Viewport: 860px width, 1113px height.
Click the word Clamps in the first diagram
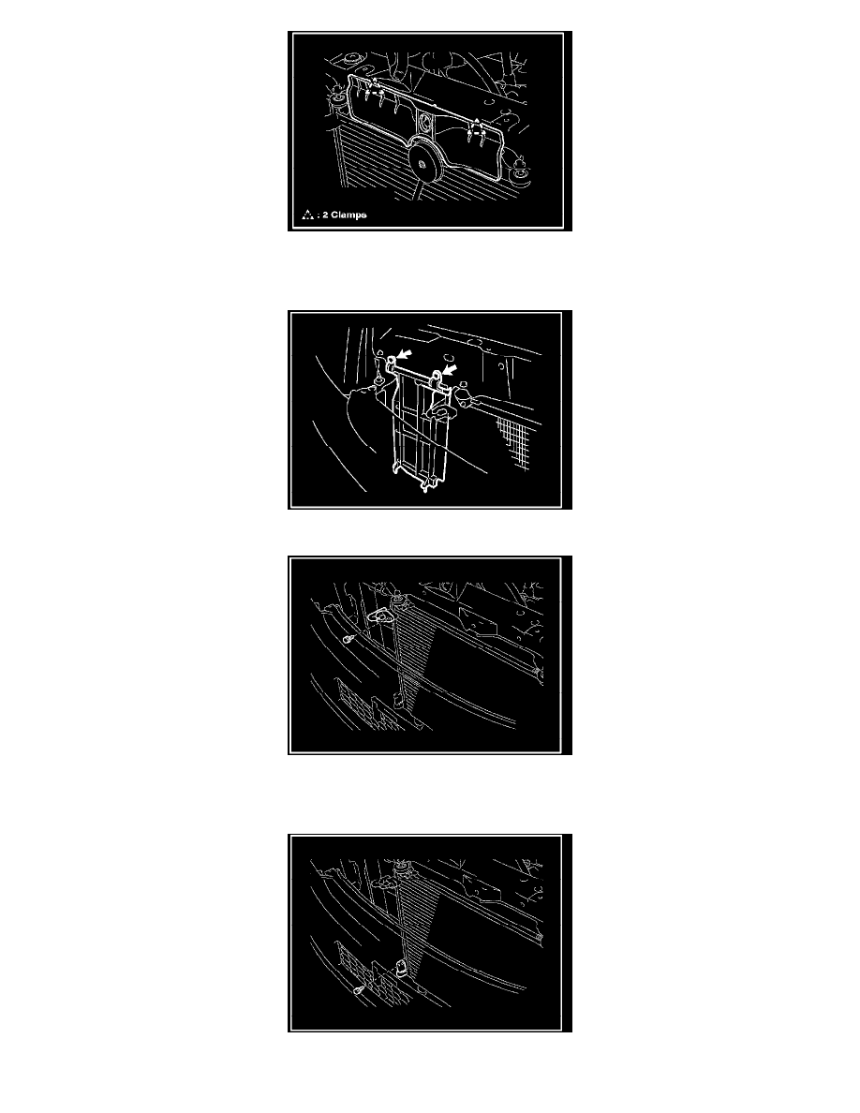click(x=348, y=215)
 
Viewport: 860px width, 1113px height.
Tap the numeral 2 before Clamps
click(x=325, y=215)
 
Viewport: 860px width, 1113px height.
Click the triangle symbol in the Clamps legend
click(x=307, y=215)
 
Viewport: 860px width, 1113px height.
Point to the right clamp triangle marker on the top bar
click(x=475, y=127)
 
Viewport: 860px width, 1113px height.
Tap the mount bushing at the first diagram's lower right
click(x=522, y=172)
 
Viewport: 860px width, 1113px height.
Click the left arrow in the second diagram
click(x=403, y=354)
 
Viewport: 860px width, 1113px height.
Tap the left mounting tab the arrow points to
click(x=391, y=364)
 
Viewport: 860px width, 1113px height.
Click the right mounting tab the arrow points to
click(x=437, y=378)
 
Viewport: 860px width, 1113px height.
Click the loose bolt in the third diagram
click(x=348, y=640)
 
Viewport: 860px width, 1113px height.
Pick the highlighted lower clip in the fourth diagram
click(x=400, y=966)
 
